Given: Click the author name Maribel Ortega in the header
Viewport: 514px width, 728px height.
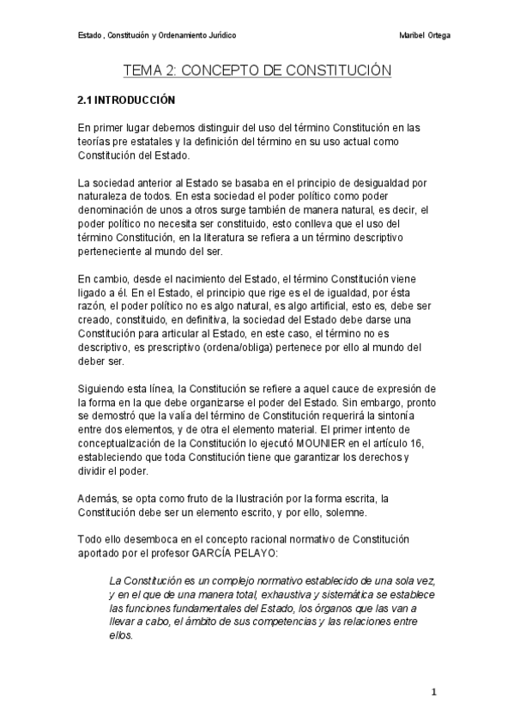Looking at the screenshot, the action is (x=426, y=35).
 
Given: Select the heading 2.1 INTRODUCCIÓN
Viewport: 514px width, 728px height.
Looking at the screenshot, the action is (x=126, y=100).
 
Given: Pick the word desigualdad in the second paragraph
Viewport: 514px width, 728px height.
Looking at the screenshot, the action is (x=372, y=183).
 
